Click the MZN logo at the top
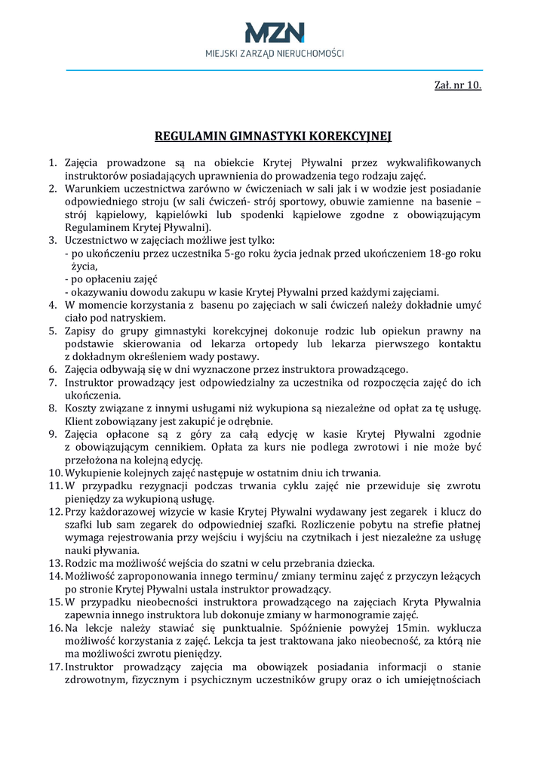[x=274, y=32]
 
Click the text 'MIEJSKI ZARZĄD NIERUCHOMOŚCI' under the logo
[x=274, y=54]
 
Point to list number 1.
[x=54, y=162]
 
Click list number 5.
[x=54, y=331]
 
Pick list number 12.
[x=54, y=512]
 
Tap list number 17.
[x=54, y=667]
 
